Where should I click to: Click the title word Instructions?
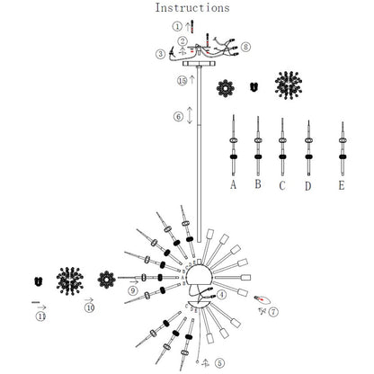click(x=192, y=8)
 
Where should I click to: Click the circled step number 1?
click(x=177, y=26)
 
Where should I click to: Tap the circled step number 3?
click(x=161, y=54)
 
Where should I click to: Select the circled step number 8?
click(x=245, y=47)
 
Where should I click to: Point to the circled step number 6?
click(x=178, y=116)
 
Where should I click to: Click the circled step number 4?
click(x=221, y=295)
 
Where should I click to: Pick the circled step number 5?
click(x=219, y=363)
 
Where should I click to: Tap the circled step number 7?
click(x=273, y=312)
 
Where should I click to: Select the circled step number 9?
click(x=133, y=290)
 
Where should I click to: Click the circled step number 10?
click(x=89, y=307)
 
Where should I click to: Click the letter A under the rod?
click(x=234, y=184)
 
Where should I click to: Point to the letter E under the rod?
click(x=342, y=185)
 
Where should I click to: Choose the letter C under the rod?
click(x=282, y=186)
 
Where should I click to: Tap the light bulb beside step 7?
click(x=263, y=298)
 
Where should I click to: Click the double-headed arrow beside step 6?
click(x=190, y=115)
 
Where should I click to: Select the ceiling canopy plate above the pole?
click(x=200, y=64)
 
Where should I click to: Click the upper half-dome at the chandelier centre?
click(x=200, y=272)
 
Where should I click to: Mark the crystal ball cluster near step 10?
click(x=70, y=281)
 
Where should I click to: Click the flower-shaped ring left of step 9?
click(x=107, y=280)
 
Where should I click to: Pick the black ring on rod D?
click(x=308, y=156)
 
